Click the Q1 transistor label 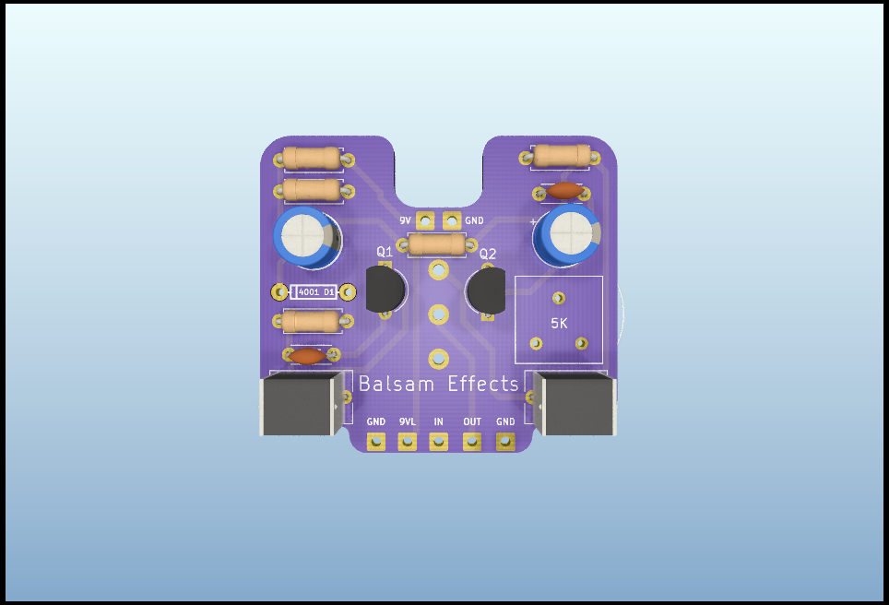(385, 251)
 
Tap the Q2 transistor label (488, 254)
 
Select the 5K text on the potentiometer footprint (559, 323)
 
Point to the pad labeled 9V (425, 220)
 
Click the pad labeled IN (438, 441)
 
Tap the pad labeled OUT (472, 441)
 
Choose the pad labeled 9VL (407, 441)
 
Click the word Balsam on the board (397, 384)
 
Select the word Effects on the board (483, 384)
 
